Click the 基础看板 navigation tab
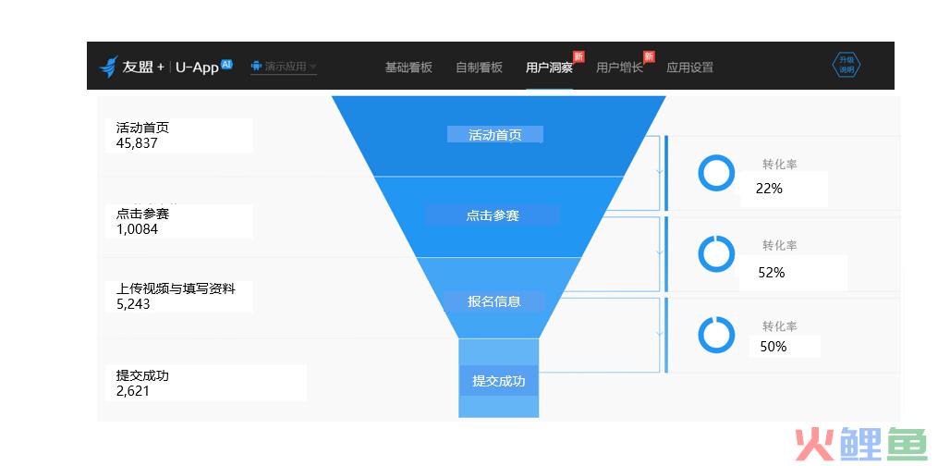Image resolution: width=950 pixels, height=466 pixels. coord(408,67)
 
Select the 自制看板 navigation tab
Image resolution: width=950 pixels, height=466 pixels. coord(479,67)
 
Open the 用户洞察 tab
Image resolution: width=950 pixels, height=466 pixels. coord(549,67)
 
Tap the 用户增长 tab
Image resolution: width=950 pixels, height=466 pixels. coord(619,67)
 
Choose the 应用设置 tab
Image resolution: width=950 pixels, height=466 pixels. coord(689,67)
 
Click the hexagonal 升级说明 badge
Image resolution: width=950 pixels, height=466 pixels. coord(846,66)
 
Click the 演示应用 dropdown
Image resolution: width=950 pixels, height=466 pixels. coord(284,67)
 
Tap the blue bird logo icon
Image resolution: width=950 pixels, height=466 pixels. coord(108,67)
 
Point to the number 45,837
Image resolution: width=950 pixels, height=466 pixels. coord(137,143)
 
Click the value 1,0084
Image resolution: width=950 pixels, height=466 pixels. coord(137,229)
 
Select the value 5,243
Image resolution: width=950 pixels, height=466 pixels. coord(133,304)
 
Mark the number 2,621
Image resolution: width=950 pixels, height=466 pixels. coord(133,391)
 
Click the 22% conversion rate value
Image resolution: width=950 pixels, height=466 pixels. coord(769,189)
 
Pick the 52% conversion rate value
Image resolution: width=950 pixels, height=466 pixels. coord(772,273)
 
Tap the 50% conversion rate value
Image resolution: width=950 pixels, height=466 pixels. coord(773,347)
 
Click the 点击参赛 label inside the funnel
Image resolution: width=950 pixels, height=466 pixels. coord(493,215)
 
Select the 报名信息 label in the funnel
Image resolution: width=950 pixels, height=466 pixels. coord(493,301)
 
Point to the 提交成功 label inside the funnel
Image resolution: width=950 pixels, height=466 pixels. coord(499,381)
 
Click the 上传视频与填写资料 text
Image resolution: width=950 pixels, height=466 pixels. coord(175,289)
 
